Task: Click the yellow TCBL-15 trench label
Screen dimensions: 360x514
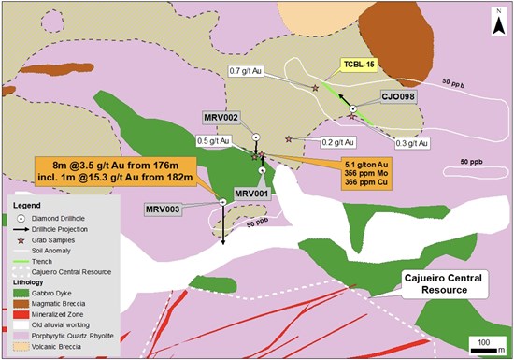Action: [359, 65]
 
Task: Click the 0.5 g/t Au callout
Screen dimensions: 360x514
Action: [214, 140]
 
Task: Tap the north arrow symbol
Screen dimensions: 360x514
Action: [495, 17]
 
